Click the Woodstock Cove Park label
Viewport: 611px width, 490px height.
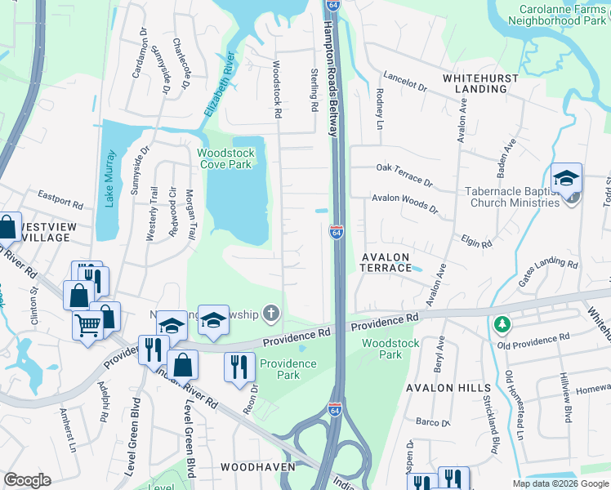point(225,158)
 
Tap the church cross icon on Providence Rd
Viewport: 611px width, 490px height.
point(271,314)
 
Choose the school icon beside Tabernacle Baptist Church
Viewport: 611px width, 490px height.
point(566,179)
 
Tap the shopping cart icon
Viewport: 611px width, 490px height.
point(88,326)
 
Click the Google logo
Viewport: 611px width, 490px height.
point(27,480)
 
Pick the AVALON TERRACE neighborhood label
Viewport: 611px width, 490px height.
point(386,262)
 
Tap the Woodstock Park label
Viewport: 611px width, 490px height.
point(381,349)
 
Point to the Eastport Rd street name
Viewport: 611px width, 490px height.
point(61,198)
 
